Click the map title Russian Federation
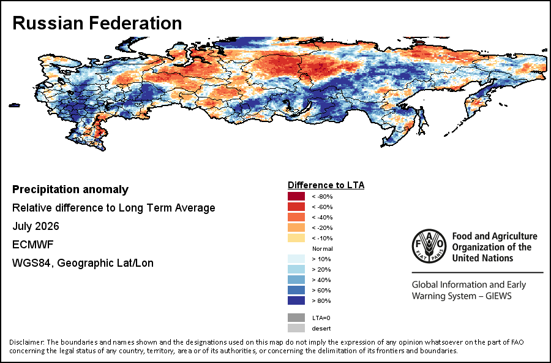point(97,23)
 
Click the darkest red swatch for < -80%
point(296,196)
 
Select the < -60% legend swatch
point(296,207)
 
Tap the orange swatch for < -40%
point(296,217)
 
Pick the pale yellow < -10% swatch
point(296,238)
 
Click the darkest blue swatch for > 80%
point(296,300)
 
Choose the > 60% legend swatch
point(296,290)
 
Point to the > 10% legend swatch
point(296,259)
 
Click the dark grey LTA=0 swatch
point(296,318)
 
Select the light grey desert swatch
point(296,328)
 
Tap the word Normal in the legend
point(322,248)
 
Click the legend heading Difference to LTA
point(326,185)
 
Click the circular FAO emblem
point(429,246)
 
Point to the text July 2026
point(36,226)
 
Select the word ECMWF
point(32,244)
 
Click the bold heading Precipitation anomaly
point(70,189)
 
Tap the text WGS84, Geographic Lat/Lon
point(83,263)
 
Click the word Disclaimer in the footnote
point(27,342)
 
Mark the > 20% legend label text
point(321,269)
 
